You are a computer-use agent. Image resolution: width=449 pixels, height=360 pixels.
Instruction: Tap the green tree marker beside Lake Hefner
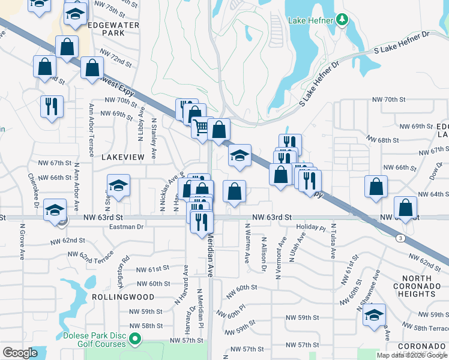coord(342,20)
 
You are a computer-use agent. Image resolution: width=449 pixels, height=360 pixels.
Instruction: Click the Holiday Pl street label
coord(310,228)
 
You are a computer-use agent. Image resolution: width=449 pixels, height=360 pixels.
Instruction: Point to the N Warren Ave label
coord(247,244)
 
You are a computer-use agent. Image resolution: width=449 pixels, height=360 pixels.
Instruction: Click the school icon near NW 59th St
coord(375,315)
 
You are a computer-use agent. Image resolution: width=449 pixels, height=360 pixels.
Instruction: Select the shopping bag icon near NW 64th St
coord(376,187)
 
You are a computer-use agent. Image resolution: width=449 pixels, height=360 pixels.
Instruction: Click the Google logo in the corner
coord(20,353)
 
